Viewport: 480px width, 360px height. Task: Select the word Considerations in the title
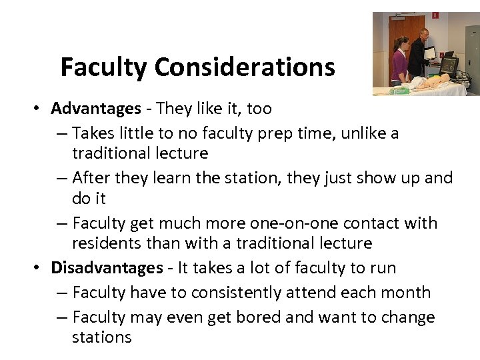pyautogui.click(x=245, y=67)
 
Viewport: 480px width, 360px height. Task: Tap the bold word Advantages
pyautogui.click(x=96, y=109)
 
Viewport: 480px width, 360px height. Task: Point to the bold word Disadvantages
pyautogui.click(x=107, y=268)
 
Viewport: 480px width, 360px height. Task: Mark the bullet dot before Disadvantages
pyautogui.click(x=41, y=269)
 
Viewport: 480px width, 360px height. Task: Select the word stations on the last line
pyautogui.click(x=101, y=337)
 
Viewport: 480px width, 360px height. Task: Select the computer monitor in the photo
pyautogui.click(x=448, y=65)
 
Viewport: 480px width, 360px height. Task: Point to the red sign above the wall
pyautogui.click(x=435, y=15)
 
